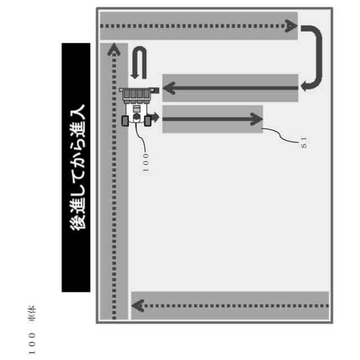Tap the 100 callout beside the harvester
145,163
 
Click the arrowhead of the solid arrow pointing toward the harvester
169,88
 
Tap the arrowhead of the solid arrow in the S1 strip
256,119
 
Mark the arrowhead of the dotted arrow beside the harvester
115,49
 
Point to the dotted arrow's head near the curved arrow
289,26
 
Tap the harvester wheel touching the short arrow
148,119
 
